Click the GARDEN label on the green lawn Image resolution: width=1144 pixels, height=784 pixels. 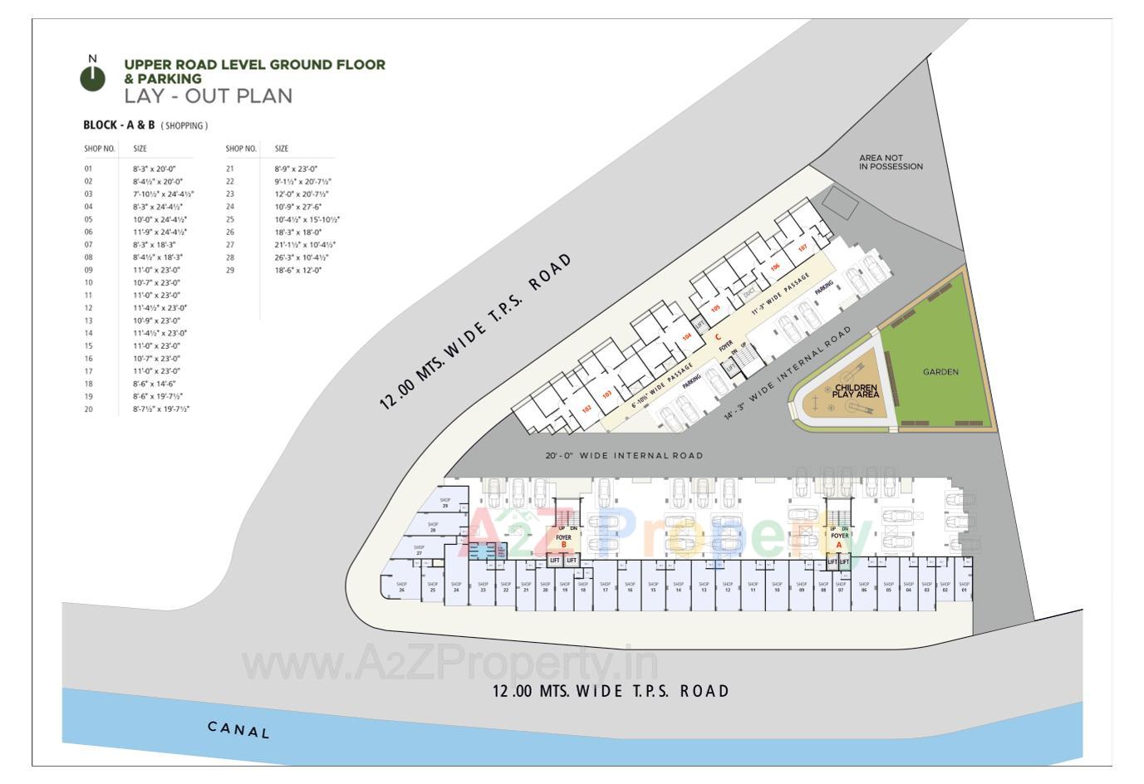point(940,372)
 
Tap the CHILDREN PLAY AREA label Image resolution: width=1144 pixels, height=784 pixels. point(855,391)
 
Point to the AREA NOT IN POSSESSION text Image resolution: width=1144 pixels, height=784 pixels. point(891,162)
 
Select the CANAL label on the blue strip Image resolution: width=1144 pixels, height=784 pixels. point(238,730)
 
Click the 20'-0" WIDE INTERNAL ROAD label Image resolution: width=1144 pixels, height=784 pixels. point(624,455)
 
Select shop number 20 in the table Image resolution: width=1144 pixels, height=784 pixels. point(88,409)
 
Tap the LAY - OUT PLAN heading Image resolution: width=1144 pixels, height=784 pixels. point(208,96)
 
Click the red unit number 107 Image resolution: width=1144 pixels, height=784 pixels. point(803,248)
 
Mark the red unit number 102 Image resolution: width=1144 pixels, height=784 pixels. point(587,409)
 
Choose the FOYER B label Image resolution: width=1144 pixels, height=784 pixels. point(564,541)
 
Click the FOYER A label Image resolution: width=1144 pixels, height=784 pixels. point(839,541)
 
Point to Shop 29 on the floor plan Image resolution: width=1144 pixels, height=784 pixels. point(445,502)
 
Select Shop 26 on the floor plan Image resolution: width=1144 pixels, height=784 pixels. point(401,586)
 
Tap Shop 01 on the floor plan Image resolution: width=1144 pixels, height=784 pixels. point(964,586)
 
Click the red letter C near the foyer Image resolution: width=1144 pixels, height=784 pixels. point(718,336)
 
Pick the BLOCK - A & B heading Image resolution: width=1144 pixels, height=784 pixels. point(119,125)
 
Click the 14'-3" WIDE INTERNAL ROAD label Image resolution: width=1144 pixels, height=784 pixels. point(788,372)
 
